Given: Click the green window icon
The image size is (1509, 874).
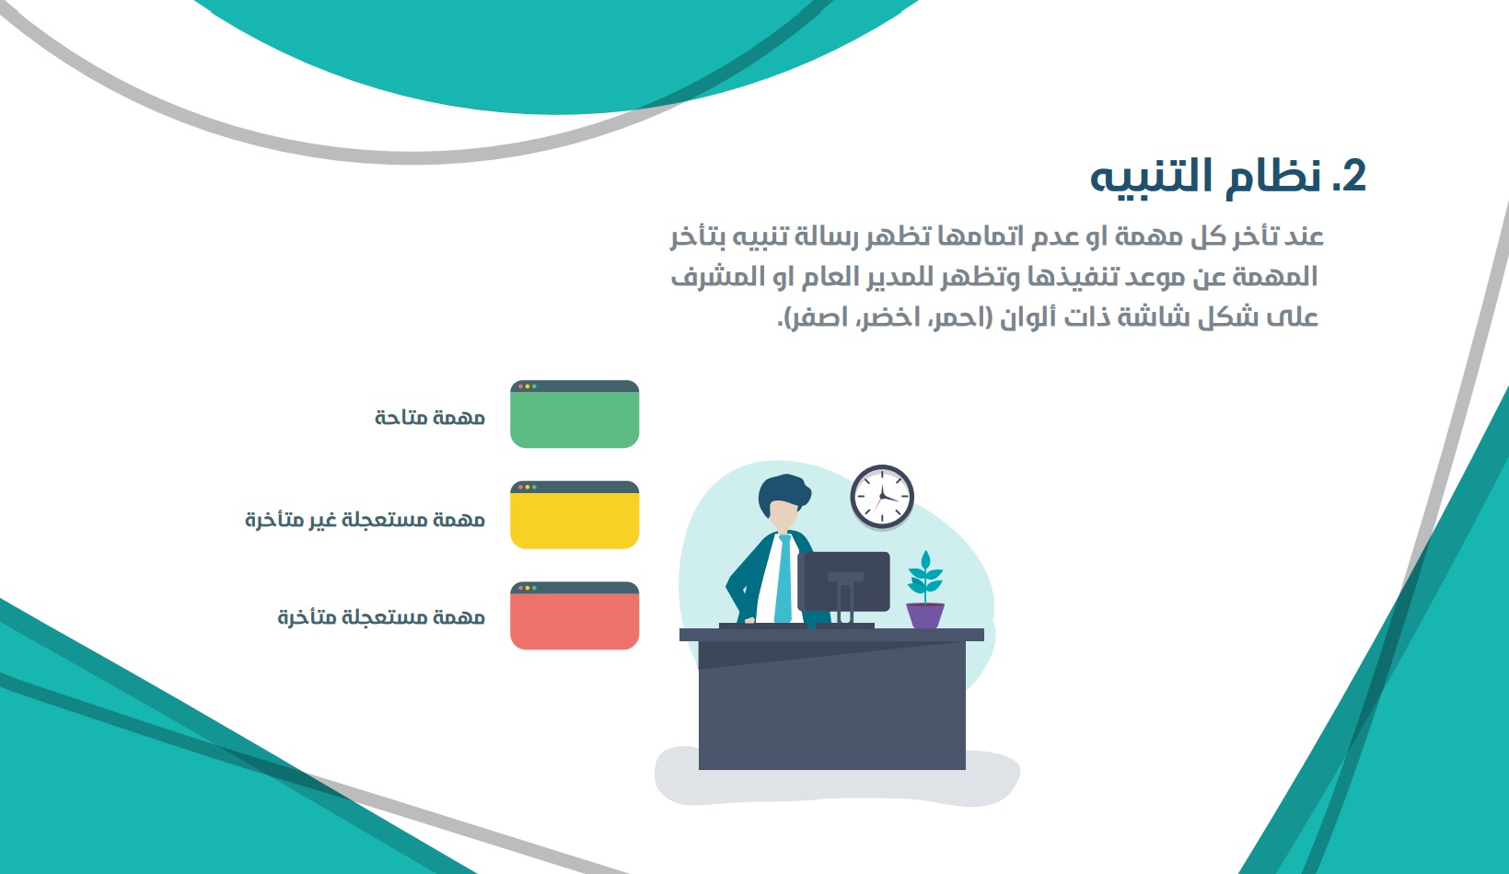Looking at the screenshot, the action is (x=575, y=414).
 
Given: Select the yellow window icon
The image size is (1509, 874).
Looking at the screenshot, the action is (x=575, y=515).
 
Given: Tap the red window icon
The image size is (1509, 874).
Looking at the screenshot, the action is (x=575, y=615).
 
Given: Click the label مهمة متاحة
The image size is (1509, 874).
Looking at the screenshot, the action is (x=430, y=418).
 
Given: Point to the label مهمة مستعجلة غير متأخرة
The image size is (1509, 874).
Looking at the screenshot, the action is (x=366, y=519).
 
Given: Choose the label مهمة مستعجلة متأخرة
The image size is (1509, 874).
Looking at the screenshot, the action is (x=381, y=616).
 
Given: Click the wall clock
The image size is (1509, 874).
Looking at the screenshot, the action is (x=882, y=497).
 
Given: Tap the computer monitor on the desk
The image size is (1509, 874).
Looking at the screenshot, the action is (x=843, y=582).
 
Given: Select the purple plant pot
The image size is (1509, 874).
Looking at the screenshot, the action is (x=925, y=615).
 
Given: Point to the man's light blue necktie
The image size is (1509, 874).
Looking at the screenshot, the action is (x=784, y=579).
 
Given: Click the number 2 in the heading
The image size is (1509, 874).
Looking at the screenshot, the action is (x=1350, y=177).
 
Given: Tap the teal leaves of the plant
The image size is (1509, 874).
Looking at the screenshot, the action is (x=925, y=573).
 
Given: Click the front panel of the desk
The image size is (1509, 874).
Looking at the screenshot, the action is (x=832, y=705).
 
